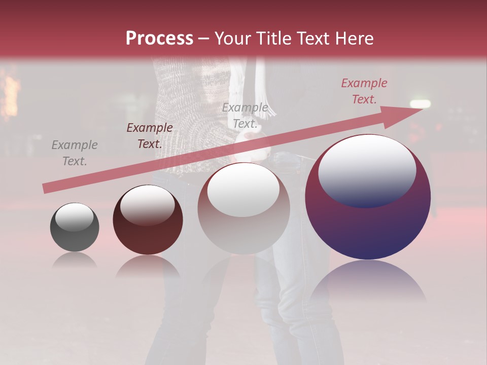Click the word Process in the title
click(x=159, y=39)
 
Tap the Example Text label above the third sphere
click(x=245, y=116)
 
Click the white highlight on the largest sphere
click(x=367, y=170)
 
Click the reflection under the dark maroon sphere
click(x=148, y=266)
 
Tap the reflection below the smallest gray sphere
click(x=75, y=261)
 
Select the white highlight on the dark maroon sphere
click(x=148, y=205)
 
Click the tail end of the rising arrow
click(x=46, y=189)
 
